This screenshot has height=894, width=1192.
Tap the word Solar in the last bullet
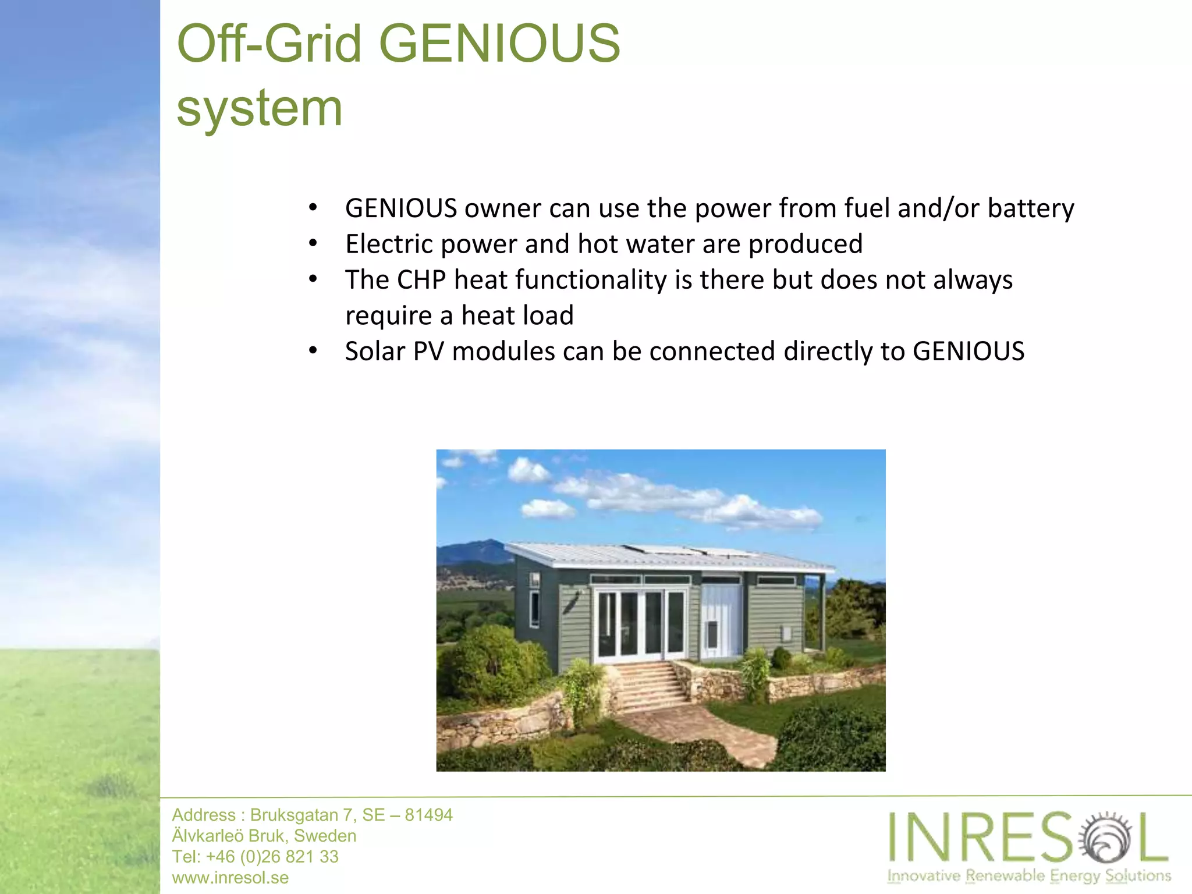pyautogui.click(x=374, y=352)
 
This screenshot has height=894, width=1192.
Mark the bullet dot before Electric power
pyautogui.click(x=313, y=243)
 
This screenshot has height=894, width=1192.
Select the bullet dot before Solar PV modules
pyautogui.click(x=313, y=351)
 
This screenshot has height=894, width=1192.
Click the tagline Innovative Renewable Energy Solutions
pyautogui.click(x=1028, y=875)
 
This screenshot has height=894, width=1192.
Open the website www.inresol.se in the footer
pyautogui.click(x=230, y=877)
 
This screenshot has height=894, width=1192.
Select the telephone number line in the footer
pyautogui.click(x=255, y=856)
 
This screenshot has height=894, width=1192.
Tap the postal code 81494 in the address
pyautogui.click(x=428, y=815)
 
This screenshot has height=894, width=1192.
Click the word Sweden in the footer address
pyautogui.click(x=325, y=836)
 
